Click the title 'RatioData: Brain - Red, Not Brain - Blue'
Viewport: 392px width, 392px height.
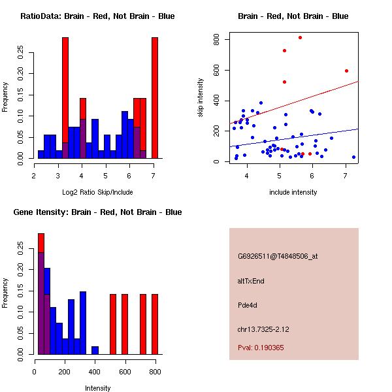click(x=97, y=16)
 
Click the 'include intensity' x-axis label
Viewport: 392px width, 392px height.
click(x=293, y=192)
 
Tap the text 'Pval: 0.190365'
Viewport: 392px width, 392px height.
click(x=261, y=348)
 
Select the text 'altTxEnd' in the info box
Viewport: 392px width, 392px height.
click(x=251, y=281)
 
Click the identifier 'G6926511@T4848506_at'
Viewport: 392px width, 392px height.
click(x=278, y=257)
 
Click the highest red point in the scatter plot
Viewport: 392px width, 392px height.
click(x=300, y=37)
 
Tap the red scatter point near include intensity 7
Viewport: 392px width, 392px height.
click(x=346, y=71)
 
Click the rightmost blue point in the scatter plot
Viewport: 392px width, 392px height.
click(x=353, y=157)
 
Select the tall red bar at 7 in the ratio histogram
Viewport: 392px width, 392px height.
click(x=155, y=98)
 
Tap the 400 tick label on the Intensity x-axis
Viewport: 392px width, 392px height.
click(x=95, y=371)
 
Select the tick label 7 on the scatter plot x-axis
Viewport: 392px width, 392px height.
click(x=345, y=175)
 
